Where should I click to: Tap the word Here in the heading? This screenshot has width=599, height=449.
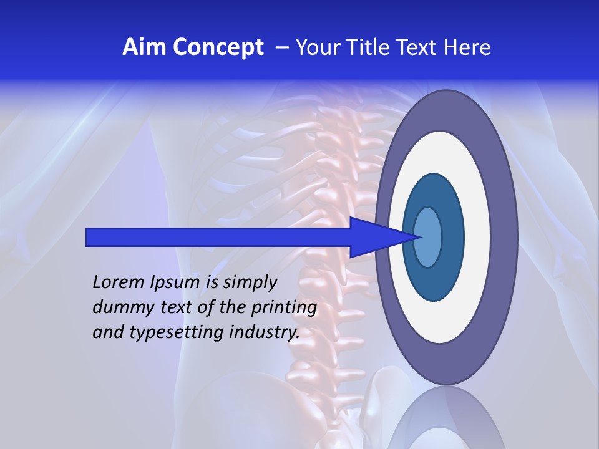point(469,47)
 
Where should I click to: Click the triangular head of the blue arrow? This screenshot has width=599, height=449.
point(381,237)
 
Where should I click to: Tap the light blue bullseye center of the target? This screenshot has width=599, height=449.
point(427,237)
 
